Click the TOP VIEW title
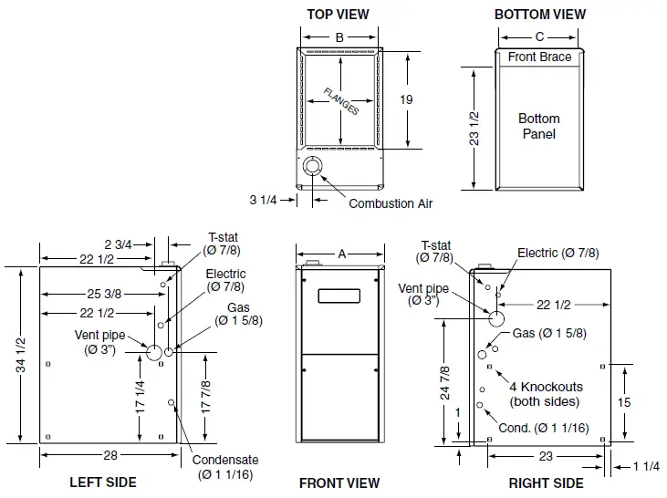(x=339, y=14)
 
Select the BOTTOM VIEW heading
(x=539, y=14)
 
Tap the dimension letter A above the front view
(x=342, y=255)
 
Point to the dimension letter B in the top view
(x=339, y=37)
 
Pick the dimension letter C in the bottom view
(x=539, y=37)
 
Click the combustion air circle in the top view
(x=313, y=168)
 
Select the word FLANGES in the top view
(x=340, y=100)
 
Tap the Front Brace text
(x=539, y=57)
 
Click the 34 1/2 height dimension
(x=20, y=354)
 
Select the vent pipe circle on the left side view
(x=153, y=352)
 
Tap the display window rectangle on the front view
(x=339, y=296)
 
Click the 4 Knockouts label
(x=546, y=387)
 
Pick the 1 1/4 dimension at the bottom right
(x=645, y=466)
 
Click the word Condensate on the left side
(x=225, y=460)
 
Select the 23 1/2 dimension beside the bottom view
(x=473, y=128)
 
